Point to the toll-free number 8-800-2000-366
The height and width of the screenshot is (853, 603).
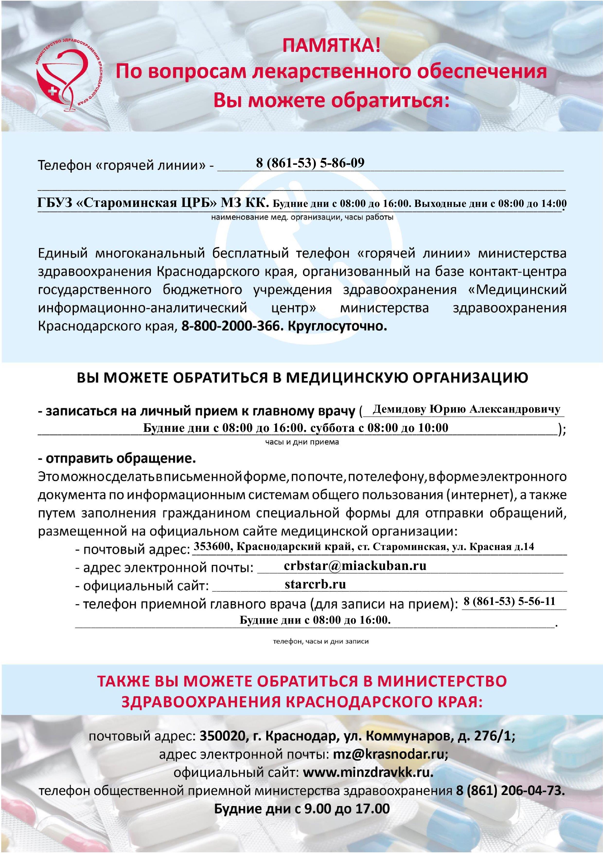pos(230,326)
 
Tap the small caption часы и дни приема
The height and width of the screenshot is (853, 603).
pos(302,442)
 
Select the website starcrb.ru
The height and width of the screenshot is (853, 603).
pos(315,584)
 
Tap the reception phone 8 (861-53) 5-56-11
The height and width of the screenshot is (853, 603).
pos(509,602)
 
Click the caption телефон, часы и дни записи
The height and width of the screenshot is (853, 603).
pos(321,642)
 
